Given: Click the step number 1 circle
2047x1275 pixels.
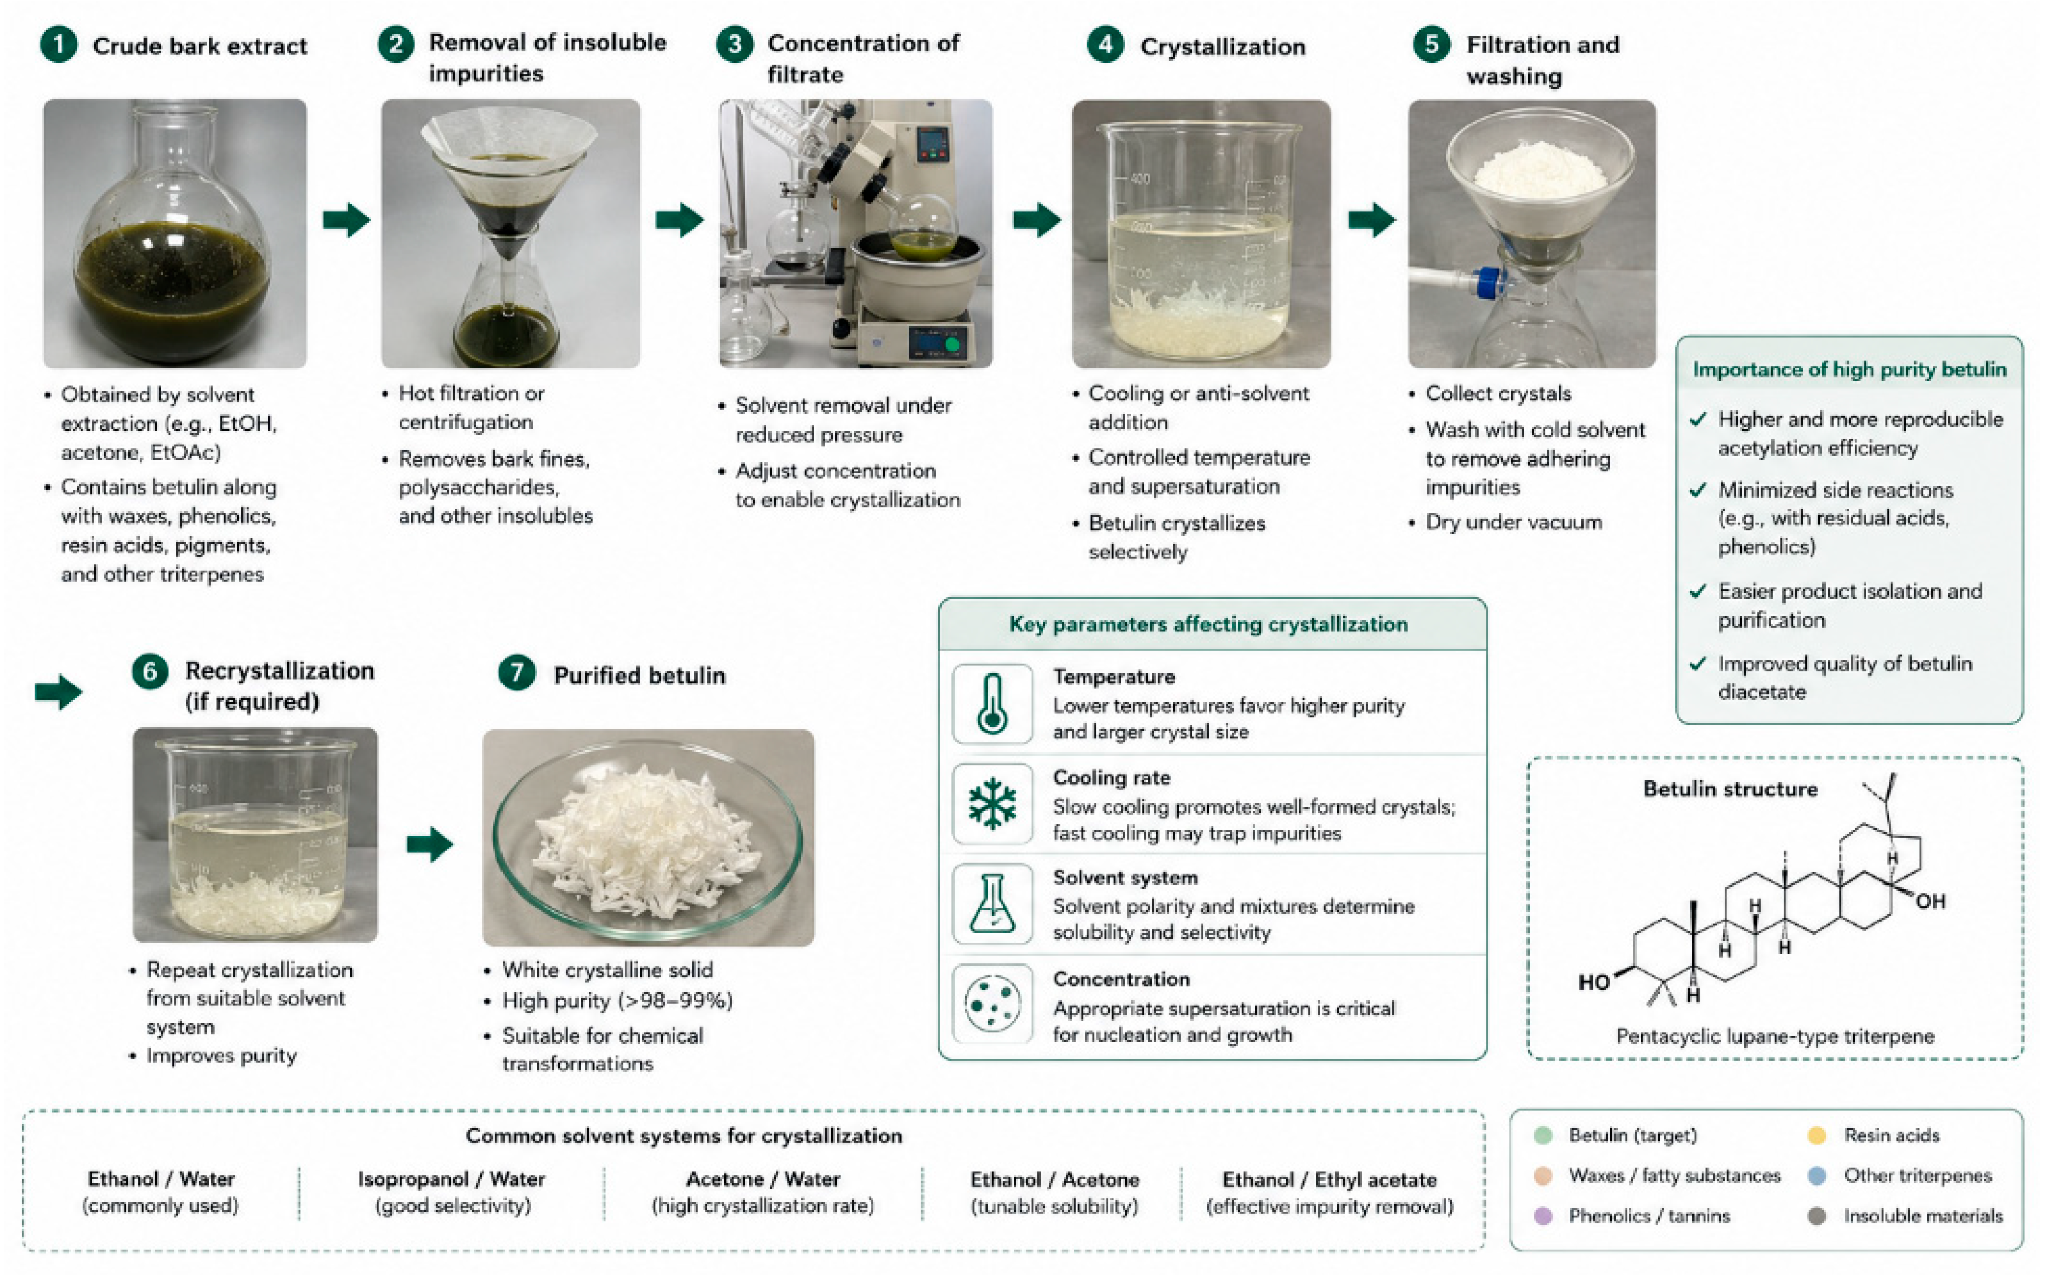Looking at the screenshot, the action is pos(58,44).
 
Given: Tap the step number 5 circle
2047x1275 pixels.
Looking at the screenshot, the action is pos(1431,44).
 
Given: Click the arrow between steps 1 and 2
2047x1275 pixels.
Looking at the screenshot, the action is pos(346,220).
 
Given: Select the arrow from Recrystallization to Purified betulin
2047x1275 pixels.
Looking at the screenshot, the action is pos(430,844).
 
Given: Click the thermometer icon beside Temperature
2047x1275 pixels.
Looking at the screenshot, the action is pos(992,704).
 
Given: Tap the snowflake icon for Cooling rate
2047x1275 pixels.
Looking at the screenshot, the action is pos(992,803).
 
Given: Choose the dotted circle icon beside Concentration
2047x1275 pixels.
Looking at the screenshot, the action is pos(992,1003).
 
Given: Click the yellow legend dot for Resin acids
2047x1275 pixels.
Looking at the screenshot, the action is pos(1817,1135).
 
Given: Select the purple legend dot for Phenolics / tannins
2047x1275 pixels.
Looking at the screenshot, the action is pos(1543,1216).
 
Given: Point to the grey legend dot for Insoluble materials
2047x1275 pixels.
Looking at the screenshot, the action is pos(1817,1216).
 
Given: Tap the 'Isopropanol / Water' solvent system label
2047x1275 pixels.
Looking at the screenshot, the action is pos(452,1179).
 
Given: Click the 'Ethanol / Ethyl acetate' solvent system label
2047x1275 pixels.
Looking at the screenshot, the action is pos(1329,1179).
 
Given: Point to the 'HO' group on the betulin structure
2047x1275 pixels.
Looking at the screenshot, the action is pos(1594,982).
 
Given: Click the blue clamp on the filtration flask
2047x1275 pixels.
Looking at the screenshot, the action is pos(1488,283).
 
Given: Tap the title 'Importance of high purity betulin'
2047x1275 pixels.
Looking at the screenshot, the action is pos(1850,369).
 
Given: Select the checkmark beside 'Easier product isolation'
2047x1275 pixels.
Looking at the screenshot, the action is pos(1698,591).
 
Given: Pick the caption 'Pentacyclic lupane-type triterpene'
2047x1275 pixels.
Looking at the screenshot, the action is pos(1775,1035).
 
